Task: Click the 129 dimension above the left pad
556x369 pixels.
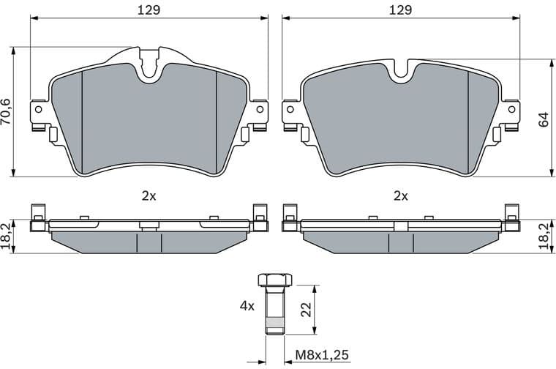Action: pos(149,10)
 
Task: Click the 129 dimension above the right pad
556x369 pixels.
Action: pos(400,10)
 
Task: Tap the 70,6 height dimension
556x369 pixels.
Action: pos(7,112)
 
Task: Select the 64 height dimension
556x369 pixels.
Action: pos(543,119)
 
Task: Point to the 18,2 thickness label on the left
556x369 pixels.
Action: pos(7,236)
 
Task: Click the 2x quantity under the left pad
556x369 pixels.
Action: pos(149,195)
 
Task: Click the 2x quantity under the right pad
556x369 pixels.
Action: pos(400,195)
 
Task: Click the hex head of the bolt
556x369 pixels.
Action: pos(274,279)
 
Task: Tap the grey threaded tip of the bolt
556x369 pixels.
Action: pos(274,327)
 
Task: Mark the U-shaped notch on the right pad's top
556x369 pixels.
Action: pos(400,68)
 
